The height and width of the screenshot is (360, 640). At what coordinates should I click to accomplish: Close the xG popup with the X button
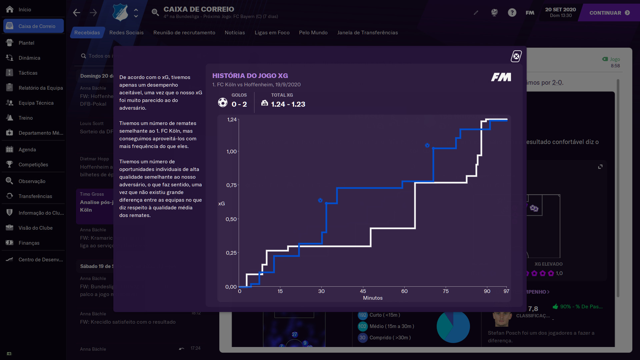point(516,56)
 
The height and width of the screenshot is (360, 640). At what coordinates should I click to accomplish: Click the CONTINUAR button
point(609,13)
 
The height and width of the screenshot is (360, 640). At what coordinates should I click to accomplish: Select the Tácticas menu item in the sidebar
point(28,73)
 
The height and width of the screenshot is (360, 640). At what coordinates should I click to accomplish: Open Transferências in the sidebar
point(35,196)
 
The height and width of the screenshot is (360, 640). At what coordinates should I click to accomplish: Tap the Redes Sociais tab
point(126,32)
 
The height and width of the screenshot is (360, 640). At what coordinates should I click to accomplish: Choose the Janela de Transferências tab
point(367,32)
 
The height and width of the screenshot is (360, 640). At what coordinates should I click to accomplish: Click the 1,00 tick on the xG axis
point(231,152)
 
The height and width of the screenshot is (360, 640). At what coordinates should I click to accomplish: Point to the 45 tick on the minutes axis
point(363,291)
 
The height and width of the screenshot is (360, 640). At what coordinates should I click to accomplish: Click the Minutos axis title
point(373,298)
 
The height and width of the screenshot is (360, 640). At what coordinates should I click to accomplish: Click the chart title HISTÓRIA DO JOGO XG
point(250,76)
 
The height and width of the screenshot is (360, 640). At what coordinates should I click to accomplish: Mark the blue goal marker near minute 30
point(320,200)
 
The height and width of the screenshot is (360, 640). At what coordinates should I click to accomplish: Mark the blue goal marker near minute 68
point(427,145)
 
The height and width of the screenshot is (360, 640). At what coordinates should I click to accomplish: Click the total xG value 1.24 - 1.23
point(288,104)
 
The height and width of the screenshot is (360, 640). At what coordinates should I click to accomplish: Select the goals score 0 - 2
point(239,104)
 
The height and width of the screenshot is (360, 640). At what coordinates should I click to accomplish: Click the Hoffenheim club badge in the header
point(120,12)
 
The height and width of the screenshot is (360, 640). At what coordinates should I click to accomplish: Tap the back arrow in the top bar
point(77,13)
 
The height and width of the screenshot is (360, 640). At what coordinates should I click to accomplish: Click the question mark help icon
point(512,13)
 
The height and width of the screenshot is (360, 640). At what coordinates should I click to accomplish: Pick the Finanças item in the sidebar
point(29,243)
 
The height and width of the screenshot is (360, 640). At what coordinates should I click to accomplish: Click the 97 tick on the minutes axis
point(506,291)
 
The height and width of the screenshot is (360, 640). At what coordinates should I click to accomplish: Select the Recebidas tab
point(87,32)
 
